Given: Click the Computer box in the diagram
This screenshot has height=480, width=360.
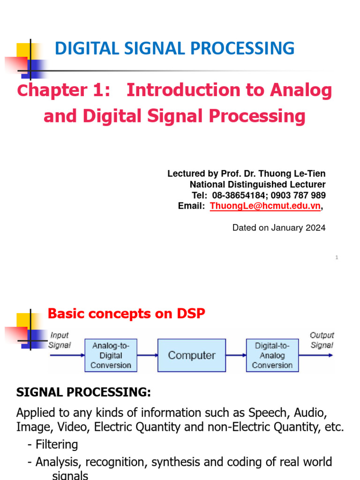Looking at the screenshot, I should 191,355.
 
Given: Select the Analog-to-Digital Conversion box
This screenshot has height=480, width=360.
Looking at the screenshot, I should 111,355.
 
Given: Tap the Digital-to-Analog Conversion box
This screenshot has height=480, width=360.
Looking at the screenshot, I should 272,355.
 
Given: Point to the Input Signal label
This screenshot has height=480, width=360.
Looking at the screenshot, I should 60,340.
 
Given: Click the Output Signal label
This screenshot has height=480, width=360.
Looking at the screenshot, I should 322,340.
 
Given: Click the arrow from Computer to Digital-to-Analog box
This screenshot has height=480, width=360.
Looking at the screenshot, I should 236,355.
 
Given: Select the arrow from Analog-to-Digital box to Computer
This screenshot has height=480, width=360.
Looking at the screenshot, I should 147,355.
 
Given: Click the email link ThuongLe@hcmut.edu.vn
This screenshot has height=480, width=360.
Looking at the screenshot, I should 265,206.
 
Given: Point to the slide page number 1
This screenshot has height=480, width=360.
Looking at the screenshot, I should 337,257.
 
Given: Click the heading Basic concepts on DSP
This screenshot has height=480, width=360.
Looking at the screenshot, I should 127,314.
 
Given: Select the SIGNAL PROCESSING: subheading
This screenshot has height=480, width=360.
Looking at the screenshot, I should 84,393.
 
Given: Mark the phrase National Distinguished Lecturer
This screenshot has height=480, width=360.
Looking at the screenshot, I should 257,185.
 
